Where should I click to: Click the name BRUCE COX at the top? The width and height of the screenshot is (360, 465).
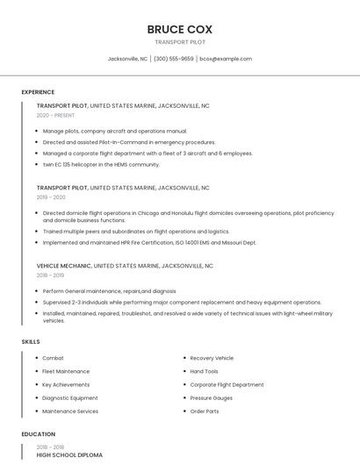[179, 29]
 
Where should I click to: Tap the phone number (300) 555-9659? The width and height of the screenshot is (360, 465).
[174, 59]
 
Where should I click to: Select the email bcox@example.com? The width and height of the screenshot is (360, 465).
[226, 59]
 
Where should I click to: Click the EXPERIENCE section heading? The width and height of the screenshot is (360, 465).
[38, 92]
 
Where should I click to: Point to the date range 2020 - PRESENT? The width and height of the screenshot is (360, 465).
[55, 115]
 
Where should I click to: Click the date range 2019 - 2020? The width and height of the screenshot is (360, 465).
[51, 197]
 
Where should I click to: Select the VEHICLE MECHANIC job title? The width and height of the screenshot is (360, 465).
[63, 265]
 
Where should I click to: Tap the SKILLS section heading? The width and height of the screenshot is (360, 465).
[31, 341]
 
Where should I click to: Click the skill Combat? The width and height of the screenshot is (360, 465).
[53, 358]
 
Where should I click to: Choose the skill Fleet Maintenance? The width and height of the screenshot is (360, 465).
[66, 371]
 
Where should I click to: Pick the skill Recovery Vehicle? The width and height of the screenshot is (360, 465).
[212, 358]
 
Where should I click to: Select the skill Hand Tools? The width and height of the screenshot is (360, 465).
[204, 371]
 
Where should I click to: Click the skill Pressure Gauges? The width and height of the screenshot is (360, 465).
[212, 397]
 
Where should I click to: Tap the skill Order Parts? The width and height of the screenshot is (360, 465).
[205, 411]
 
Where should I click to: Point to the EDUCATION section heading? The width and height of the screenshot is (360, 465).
[38, 434]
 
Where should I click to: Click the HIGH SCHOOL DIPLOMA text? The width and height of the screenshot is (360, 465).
[69, 455]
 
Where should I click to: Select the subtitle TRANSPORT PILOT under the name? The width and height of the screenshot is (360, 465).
[179, 42]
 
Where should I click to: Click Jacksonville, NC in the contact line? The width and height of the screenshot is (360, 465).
[127, 59]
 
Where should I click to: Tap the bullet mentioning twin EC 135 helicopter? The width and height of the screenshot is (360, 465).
[101, 164]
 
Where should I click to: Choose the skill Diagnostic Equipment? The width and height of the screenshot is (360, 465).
[70, 397]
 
